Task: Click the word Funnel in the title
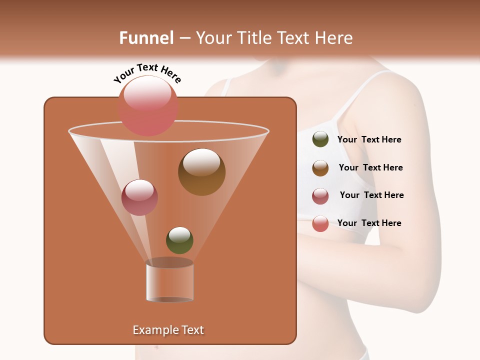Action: click(146, 38)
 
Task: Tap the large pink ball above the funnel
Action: click(148, 105)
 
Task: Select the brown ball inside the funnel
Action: click(201, 172)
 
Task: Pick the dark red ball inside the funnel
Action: click(139, 197)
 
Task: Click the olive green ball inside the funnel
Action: click(179, 240)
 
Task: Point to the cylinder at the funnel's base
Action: click(169, 280)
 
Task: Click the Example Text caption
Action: click(168, 330)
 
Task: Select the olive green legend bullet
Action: click(320, 139)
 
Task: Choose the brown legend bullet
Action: click(320, 168)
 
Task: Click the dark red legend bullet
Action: click(320, 196)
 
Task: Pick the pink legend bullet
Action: click(320, 223)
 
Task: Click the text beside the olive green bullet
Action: click(369, 140)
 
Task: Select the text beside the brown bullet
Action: click(370, 167)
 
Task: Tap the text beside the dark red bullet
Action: click(371, 195)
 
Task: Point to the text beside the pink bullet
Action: click(369, 223)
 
